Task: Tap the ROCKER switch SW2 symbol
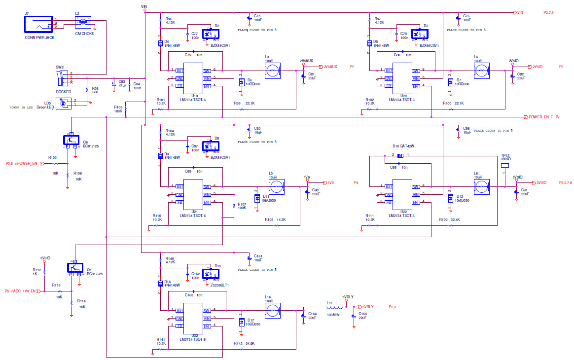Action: point(62,77)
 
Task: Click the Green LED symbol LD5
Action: point(64,103)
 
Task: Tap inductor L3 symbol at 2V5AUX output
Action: point(272,70)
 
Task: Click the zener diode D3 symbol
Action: point(420,34)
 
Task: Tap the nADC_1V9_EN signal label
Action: point(23,291)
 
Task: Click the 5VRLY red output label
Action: point(364,306)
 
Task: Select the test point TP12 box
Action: point(504,165)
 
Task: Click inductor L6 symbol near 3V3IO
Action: point(481,186)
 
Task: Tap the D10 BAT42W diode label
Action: point(403,146)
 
